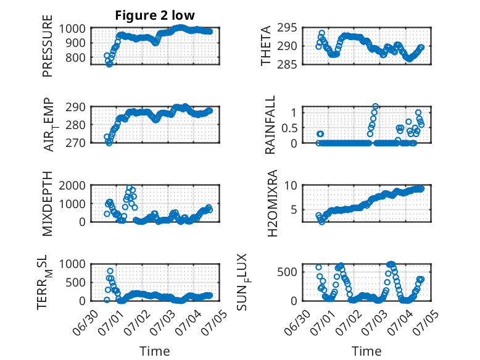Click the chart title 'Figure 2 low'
click(x=155, y=15)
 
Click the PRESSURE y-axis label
click(x=48, y=46)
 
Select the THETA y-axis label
click(x=266, y=46)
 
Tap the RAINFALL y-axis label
click(x=270, y=125)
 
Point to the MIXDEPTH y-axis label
click(x=48, y=204)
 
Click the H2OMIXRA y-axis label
click(x=272, y=203)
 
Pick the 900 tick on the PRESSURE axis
click(x=76, y=43)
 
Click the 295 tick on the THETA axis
click(x=287, y=28)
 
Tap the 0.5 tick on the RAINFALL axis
click(x=289, y=128)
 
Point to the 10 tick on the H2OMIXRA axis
click(x=291, y=186)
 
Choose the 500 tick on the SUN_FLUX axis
click(x=287, y=272)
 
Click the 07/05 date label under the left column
click(x=213, y=321)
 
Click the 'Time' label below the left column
click(x=155, y=351)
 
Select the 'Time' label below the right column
click(x=366, y=351)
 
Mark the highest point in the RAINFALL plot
click(x=375, y=107)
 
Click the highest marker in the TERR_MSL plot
click(x=110, y=271)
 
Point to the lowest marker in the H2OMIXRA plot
click(x=321, y=222)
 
